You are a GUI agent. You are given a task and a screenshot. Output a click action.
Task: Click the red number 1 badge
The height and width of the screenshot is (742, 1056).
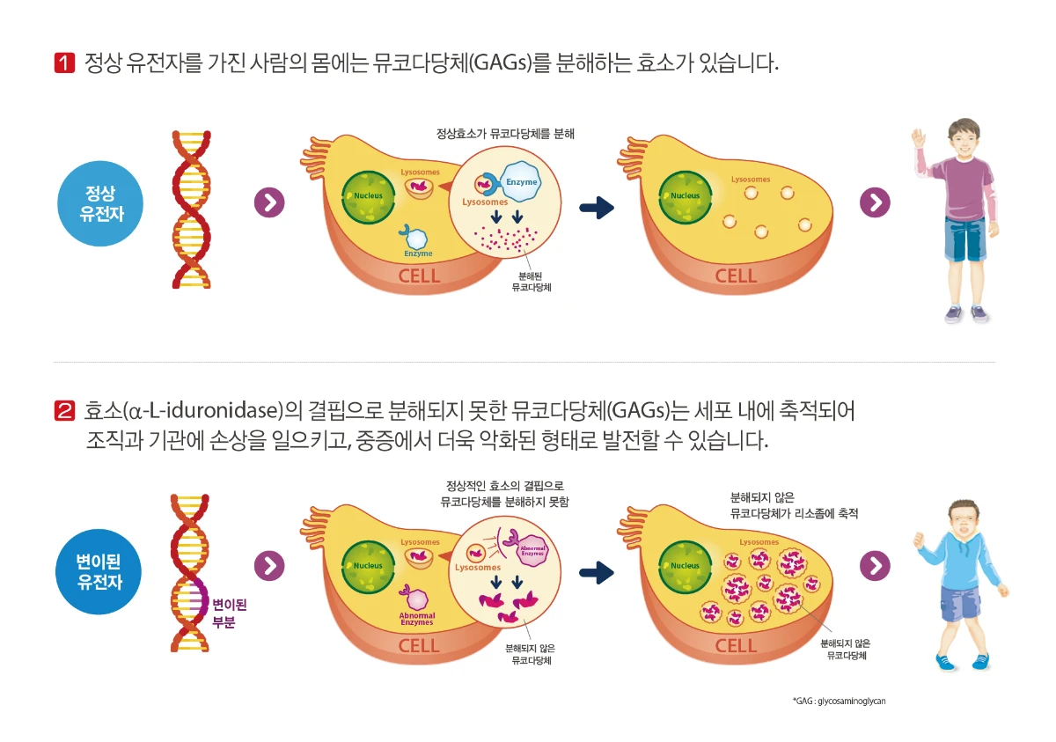(64, 62)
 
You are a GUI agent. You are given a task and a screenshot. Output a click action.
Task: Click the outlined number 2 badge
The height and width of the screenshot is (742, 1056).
(64, 410)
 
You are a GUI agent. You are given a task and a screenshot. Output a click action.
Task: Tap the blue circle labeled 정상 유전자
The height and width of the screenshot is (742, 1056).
(99, 203)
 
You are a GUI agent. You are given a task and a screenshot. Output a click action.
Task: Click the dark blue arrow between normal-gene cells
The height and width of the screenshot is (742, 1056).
(597, 208)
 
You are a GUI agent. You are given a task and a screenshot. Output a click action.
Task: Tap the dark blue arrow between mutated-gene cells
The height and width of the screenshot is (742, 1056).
(597, 573)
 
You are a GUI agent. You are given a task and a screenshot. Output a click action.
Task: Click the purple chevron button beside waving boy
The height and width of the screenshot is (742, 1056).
(875, 202)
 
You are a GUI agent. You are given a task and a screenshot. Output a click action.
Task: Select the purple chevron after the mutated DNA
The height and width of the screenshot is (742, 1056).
(269, 566)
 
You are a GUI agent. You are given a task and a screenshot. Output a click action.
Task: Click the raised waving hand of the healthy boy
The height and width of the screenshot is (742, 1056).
(919, 138)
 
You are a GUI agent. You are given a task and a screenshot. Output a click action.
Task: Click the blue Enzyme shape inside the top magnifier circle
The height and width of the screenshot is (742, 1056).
(519, 181)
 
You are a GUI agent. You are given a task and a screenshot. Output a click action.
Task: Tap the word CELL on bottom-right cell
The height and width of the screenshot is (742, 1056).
(736, 645)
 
